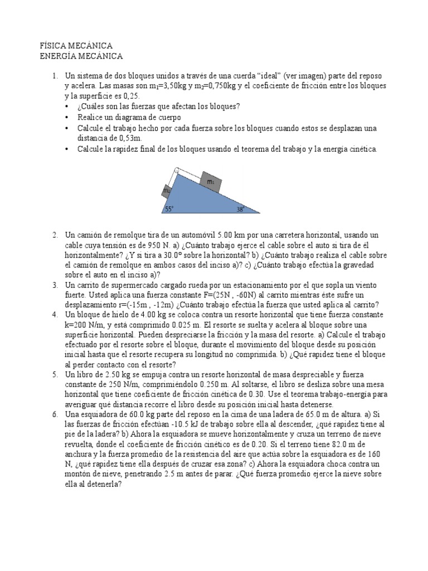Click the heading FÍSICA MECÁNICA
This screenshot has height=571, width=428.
[77, 45]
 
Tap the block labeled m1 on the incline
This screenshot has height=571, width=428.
[211, 182]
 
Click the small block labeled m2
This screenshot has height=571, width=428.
[167, 191]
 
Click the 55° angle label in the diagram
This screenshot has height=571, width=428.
[169, 209]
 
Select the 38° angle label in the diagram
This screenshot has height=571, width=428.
[240, 209]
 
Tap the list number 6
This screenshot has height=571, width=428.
[55, 414]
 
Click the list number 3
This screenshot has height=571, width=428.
[55, 285]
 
